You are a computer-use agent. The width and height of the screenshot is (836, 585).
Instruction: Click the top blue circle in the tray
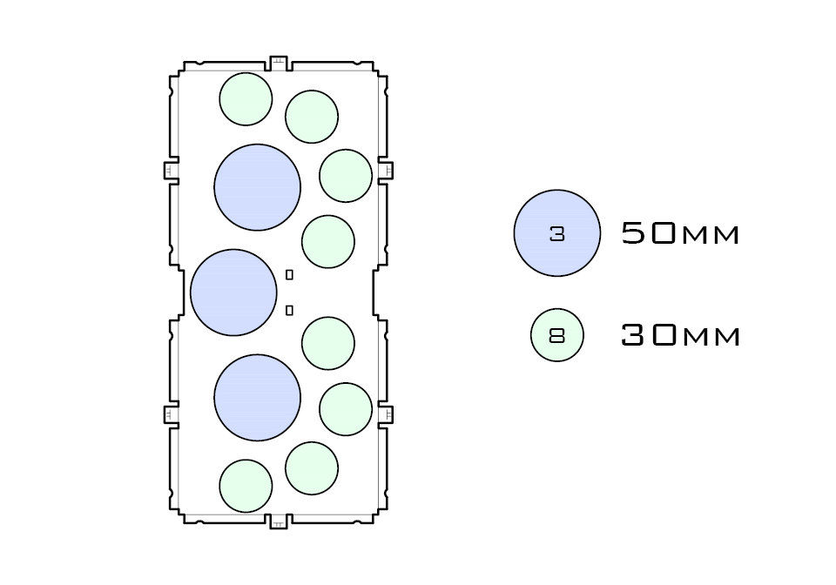pos(257,187)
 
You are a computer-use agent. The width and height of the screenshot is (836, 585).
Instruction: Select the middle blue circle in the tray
pos(233,292)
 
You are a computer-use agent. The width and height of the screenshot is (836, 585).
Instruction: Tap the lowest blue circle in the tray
pos(257,397)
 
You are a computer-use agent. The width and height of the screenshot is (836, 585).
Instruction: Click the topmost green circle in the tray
pos(246,99)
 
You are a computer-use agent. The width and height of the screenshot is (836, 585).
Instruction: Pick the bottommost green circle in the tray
pos(246,486)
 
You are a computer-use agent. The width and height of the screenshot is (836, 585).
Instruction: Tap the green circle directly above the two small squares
pos(328,241)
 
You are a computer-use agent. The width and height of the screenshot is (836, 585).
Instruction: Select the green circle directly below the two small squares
pos(328,343)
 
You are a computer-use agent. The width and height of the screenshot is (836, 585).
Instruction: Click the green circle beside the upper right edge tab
pos(346,175)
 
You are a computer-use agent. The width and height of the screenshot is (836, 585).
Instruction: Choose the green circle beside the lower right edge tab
pos(346,409)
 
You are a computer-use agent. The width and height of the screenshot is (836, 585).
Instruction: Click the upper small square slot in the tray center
pos(289,275)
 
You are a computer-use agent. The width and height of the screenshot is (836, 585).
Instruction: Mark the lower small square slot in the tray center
pos(289,310)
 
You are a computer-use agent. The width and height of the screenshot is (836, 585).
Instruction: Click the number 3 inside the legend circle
pos(557,233)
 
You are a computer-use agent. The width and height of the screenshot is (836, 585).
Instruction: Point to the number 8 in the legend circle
pos(557,334)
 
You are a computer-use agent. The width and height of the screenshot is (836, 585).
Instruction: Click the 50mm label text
pos(680,233)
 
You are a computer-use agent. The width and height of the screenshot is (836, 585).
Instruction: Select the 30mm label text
pos(680,334)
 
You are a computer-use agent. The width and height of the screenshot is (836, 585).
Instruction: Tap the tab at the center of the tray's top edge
pos(279,63)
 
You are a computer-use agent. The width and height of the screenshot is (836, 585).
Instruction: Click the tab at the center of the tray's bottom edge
pos(279,521)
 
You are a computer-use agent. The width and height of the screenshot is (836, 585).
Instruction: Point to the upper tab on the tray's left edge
pos(171,170)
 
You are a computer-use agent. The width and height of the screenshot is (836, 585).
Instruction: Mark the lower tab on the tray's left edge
pos(171,414)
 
